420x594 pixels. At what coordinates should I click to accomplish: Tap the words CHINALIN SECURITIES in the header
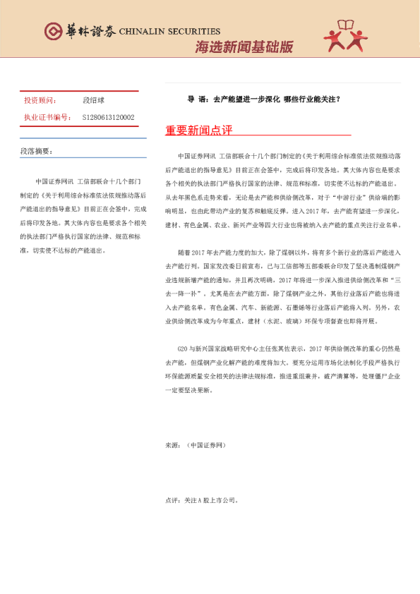pyautogui.click(x=170, y=32)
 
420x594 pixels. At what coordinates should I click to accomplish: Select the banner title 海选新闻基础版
pyautogui.click(x=244, y=47)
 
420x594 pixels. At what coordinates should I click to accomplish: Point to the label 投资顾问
pyautogui.click(x=40, y=101)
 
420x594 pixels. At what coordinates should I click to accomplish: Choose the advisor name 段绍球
pyautogui.click(x=94, y=101)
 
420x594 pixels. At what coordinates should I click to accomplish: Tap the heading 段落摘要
pyautogui.click(x=36, y=151)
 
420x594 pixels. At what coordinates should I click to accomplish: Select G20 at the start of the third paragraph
pyautogui.click(x=185, y=349)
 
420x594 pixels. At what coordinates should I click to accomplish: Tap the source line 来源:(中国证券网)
pyautogui.click(x=196, y=446)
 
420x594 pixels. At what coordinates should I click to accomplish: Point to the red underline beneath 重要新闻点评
pyautogui.click(x=258, y=135)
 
